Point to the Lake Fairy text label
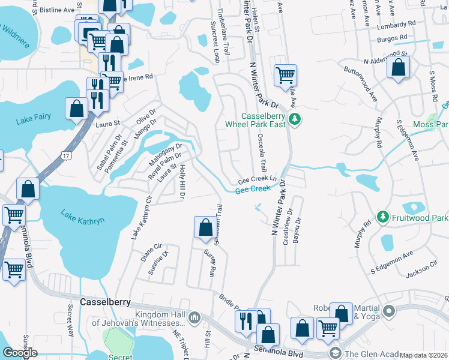[x=34, y=120]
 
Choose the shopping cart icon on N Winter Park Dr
[x=285, y=76]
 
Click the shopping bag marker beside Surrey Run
[x=205, y=227]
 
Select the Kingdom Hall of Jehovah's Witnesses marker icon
[x=194, y=317]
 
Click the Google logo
[x=20, y=352]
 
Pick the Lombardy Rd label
[x=396, y=25]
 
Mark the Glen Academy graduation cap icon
[x=334, y=352]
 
